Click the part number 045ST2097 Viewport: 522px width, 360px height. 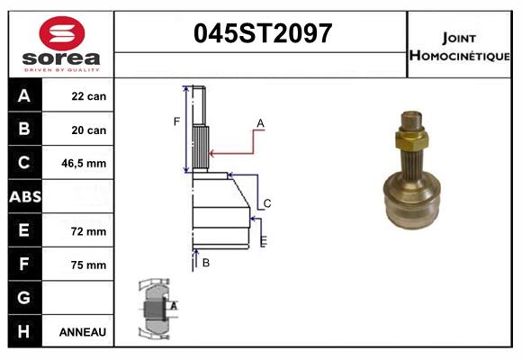coord(264,33)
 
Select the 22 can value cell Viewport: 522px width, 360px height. coord(89,96)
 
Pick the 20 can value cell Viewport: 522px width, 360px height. coord(89,130)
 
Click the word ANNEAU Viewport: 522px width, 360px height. coord(83,332)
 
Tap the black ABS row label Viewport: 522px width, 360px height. coord(24,197)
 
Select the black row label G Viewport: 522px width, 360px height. coord(24,298)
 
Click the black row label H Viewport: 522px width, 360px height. coord(24,332)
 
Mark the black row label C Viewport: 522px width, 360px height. coord(24,164)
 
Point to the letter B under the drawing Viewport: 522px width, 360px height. coord(206,263)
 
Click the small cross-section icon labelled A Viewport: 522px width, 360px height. coord(155,309)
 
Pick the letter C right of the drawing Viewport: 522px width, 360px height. coord(267,203)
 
